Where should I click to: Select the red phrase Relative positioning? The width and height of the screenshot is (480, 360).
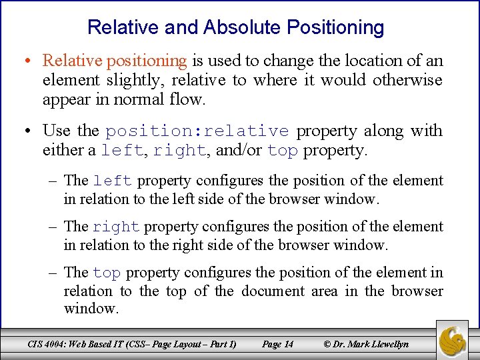coord(115,61)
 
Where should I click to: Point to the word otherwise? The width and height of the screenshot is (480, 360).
coord(407,81)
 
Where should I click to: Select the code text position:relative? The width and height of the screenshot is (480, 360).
coord(197,131)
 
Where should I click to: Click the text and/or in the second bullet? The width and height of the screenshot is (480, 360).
coord(238,151)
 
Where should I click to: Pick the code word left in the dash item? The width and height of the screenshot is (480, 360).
coord(113,181)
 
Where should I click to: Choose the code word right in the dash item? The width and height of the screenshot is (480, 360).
coord(117,227)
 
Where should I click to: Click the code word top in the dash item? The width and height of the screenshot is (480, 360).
coord(107,273)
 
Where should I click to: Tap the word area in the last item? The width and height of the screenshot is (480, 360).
coord(332,291)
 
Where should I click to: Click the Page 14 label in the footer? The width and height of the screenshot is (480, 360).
coord(277,344)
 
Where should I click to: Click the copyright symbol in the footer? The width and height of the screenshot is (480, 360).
coord(327,344)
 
